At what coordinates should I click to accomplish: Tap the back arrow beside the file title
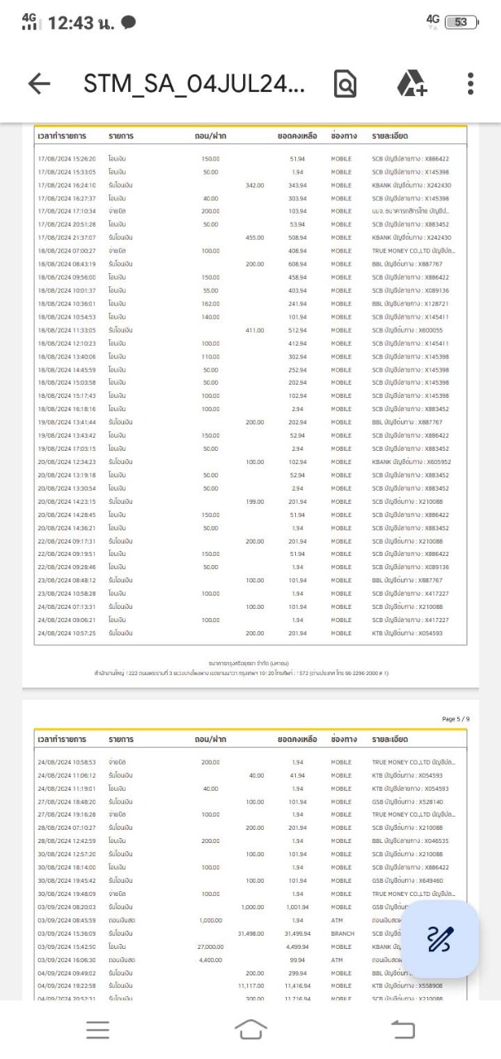click(x=39, y=84)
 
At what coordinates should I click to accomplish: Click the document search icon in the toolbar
click(x=345, y=84)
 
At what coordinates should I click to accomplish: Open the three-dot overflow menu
click(x=470, y=84)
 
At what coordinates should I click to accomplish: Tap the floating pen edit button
click(x=440, y=939)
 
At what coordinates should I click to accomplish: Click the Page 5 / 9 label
click(x=456, y=719)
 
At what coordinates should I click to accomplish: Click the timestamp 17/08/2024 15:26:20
click(x=67, y=159)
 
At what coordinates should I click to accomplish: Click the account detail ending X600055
click(x=410, y=330)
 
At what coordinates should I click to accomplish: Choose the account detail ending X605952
click(x=410, y=462)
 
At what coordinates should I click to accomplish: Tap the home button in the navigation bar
click(x=250, y=1029)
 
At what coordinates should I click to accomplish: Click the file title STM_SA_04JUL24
click(x=194, y=84)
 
